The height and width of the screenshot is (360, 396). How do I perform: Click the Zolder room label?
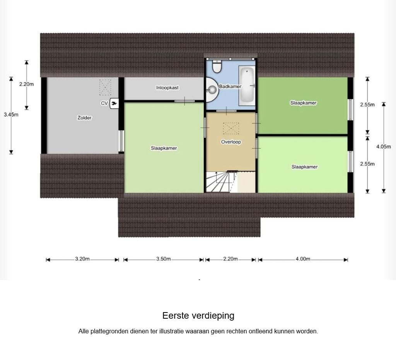coord(84,118)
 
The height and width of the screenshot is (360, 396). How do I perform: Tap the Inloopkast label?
coord(167,88)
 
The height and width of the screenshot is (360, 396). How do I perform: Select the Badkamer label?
coord(230,87)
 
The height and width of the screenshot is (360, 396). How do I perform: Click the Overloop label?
coord(231,142)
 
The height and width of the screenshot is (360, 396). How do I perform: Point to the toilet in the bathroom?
coord(217,67)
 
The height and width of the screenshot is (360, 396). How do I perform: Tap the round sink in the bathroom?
coord(212,90)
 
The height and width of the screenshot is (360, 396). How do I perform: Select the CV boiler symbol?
coord(114,103)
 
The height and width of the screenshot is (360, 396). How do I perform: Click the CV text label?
coord(104,103)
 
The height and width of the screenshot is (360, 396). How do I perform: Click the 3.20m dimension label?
coord(82,259)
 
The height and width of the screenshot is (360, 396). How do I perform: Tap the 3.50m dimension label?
coord(164,259)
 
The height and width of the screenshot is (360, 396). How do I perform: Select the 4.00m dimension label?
coord(303,259)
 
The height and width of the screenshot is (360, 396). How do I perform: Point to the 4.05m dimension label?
coord(384,146)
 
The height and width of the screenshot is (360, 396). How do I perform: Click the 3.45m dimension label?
coord(11,114)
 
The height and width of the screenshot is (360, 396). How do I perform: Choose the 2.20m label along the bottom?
coord(230,259)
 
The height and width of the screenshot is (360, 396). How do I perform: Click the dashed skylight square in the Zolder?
coord(105,87)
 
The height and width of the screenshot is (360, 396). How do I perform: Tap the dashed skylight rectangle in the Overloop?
coord(231,128)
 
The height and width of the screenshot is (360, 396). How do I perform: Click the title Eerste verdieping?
coord(198,316)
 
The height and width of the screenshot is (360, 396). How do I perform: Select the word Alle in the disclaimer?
coord(84,331)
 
